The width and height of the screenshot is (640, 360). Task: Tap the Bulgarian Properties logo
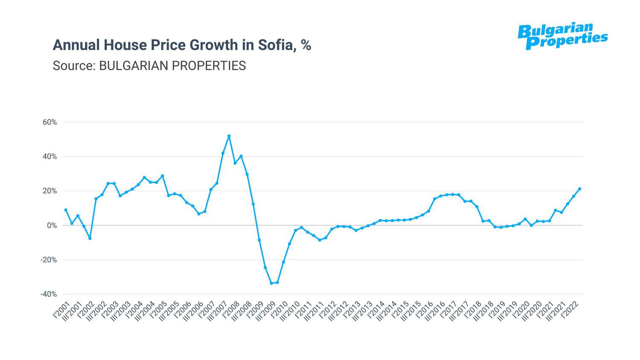click(562, 36)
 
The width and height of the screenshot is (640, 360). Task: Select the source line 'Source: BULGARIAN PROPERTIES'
click(149, 66)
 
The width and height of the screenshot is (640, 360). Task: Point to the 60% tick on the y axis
click(49, 122)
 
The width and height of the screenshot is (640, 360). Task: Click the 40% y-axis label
click(49, 157)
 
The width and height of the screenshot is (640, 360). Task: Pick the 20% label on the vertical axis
click(49, 191)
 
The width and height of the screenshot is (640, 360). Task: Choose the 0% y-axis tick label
click(52, 225)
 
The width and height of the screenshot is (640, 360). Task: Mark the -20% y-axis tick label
click(48, 260)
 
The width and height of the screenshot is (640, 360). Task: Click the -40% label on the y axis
click(48, 294)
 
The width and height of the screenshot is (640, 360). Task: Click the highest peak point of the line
click(229, 136)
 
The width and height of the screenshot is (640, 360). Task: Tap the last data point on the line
click(579, 189)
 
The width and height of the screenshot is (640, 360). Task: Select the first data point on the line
click(66, 210)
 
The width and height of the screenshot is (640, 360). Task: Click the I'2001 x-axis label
click(61, 309)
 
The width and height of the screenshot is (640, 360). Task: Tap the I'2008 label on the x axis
click(231, 309)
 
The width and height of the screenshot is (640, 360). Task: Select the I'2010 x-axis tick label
click(279, 309)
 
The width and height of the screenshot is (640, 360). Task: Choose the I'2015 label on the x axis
click(401, 309)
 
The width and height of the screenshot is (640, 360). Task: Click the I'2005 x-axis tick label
click(158, 309)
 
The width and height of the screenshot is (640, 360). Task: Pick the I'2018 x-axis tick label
click(473, 309)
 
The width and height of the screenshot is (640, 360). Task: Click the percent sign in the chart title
click(306, 45)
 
